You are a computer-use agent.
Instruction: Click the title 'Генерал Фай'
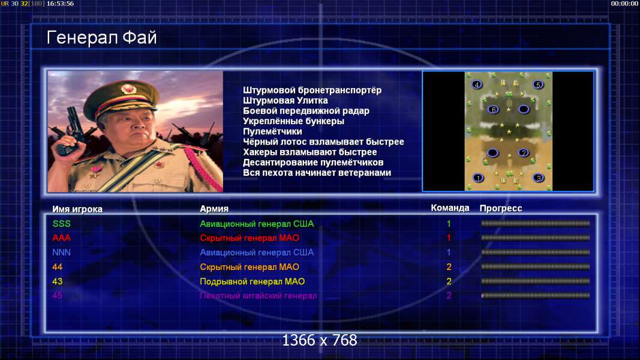click(101, 38)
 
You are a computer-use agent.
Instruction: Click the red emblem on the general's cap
click(128, 89)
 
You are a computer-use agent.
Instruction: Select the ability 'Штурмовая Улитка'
click(286, 100)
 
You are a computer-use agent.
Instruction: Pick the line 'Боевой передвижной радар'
click(306, 111)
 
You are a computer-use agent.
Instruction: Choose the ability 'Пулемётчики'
click(272, 131)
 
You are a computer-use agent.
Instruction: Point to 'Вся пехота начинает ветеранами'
click(317, 173)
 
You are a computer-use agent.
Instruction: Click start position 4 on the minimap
click(476, 85)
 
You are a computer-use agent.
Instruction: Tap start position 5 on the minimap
click(538, 85)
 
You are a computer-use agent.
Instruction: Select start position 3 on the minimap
click(539, 178)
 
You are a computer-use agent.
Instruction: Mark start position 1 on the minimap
click(478, 178)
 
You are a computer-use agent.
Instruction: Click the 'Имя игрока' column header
click(77, 209)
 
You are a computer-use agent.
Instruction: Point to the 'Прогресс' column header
click(501, 208)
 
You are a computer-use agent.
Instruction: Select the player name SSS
click(62, 224)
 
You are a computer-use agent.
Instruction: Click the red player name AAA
click(62, 238)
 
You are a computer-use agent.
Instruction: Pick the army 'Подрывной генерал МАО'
click(253, 281)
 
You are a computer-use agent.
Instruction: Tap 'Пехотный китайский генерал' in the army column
click(259, 296)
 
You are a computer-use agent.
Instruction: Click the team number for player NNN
click(449, 253)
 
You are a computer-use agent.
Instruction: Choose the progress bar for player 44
click(536, 267)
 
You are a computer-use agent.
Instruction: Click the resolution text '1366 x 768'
click(320, 340)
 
